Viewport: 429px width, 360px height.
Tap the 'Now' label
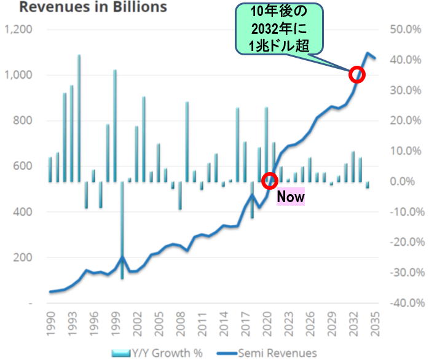click(291, 197)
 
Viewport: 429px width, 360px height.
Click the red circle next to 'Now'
click(270, 181)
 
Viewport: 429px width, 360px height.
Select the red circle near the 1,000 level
click(357, 75)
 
